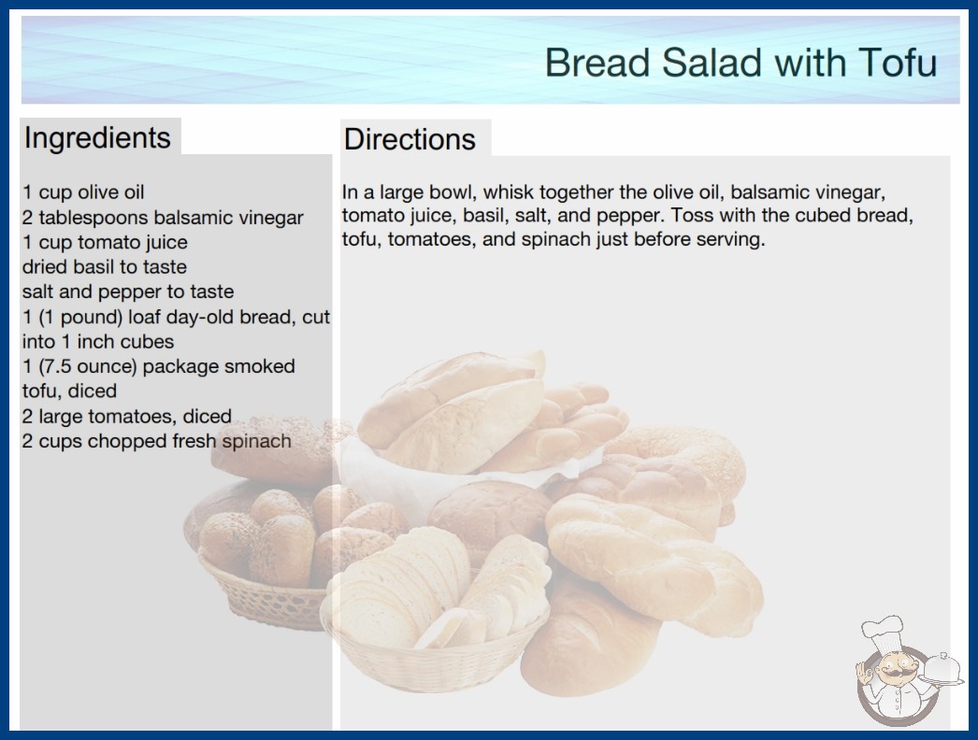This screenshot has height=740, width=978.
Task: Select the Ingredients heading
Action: coord(97,138)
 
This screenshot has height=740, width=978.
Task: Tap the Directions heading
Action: coord(410,139)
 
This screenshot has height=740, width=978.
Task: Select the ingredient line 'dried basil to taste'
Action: coord(104,267)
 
